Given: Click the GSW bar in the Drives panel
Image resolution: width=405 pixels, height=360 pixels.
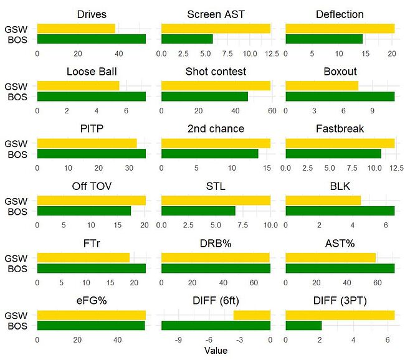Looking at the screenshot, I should pos(76,29).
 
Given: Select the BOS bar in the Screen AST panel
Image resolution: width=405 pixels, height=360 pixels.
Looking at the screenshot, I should pos(187,39).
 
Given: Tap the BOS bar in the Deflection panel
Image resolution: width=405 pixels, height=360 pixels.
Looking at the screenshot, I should pos(323,39).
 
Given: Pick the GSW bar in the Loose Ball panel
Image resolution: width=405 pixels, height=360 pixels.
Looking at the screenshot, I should pos(78,86).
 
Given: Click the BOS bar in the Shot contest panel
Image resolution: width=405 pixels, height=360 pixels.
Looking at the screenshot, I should pos(204,97).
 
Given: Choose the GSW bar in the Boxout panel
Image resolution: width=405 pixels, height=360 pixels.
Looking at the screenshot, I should pos(322,86).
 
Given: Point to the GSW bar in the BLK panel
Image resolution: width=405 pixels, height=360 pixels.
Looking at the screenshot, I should pos(323,201).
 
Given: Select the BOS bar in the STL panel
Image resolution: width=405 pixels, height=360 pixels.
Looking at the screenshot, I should pos(198,211).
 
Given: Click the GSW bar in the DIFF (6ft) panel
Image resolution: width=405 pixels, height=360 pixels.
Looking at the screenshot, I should pos(252,315).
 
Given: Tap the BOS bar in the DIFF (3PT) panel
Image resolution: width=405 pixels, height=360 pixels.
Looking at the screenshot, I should pos(303,325).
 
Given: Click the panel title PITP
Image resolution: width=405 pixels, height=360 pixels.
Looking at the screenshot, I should pos(91,129).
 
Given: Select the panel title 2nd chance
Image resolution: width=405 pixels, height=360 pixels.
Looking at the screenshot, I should pos(216,129).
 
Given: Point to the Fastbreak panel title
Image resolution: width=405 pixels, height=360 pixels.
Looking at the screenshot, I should pos(340,129).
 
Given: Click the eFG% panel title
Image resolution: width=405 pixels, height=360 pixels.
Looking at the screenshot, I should pos(91,301).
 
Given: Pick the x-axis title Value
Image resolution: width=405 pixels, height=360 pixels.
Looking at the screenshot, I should pos(216,351).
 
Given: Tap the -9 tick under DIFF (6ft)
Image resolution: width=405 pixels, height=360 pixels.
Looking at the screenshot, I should pos(179,339).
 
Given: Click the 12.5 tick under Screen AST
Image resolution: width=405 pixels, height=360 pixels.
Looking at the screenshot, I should pos(271,53).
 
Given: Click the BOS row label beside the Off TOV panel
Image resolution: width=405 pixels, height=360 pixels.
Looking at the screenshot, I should pos(17,211).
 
